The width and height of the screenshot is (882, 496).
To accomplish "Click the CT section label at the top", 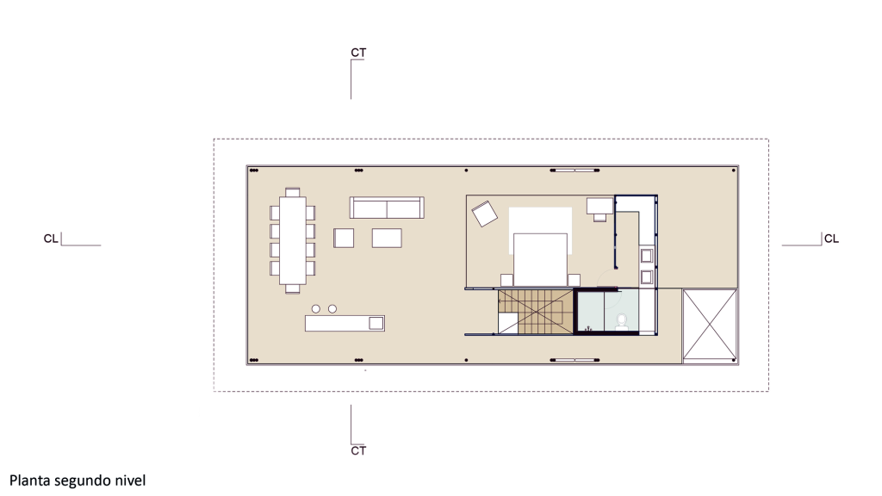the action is (x=358, y=53).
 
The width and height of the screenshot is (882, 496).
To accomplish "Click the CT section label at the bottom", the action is (x=358, y=450).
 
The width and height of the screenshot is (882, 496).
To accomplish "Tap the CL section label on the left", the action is (x=51, y=239).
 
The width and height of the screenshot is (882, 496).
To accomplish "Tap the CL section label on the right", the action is (x=831, y=239).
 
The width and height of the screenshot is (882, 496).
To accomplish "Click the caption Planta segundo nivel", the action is (x=78, y=480).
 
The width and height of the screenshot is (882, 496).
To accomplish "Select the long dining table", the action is (x=293, y=241).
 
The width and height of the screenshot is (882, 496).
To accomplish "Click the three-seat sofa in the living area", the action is (x=387, y=208).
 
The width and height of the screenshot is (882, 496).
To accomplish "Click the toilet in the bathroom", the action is (x=622, y=322).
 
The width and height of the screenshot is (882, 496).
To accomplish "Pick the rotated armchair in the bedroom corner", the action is (x=484, y=214).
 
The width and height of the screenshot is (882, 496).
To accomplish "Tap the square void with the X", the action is (x=710, y=325).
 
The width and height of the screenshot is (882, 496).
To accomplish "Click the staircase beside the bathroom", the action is (x=536, y=312).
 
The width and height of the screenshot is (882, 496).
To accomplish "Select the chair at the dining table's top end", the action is (x=293, y=192).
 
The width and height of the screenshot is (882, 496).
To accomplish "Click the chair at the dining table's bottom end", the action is (x=293, y=289).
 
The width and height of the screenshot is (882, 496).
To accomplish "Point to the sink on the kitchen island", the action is (x=376, y=323).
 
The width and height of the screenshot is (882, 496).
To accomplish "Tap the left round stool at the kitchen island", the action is (x=316, y=309).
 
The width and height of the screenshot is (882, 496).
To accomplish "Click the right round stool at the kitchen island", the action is (x=332, y=309).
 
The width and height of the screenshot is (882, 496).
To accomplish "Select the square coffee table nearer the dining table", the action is (x=344, y=238).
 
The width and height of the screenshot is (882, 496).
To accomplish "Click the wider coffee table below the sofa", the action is (x=387, y=238).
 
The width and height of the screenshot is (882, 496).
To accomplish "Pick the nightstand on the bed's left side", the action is (x=506, y=280).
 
